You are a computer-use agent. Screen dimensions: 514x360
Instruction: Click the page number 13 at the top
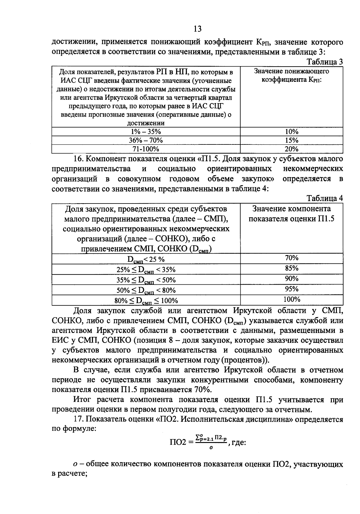(x=197, y=29)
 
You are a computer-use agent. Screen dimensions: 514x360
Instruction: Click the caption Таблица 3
(x=325, y=62)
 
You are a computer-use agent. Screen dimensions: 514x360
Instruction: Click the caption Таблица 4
(x=325, y=198)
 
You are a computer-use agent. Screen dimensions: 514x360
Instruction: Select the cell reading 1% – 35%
(x=146, y=132)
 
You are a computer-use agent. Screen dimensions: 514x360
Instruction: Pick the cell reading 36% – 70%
(x=146, y=140)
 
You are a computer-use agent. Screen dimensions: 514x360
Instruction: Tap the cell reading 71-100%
(x=146, y=149)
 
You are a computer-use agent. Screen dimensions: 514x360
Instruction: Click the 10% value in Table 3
(x=291, y=132)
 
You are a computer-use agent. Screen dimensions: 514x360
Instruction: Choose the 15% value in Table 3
(x=291, y=140)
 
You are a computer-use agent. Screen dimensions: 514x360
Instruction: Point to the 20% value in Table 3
(x=291, y=149)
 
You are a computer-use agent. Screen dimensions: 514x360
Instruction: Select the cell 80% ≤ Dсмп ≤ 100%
(x=146, y=301)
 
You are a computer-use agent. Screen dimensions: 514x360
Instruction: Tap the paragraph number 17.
(x=78, y=420)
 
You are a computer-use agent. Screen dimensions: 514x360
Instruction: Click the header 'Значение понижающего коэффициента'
(x=291, y=76)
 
